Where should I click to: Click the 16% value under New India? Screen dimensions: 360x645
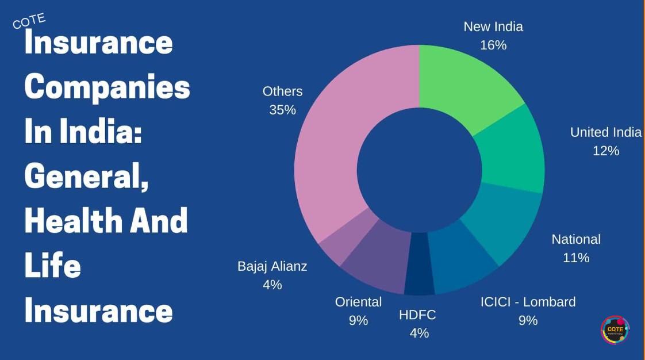pyautogui.click(x=493, y=45)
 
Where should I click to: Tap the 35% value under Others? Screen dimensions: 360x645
pyautogui.click(x=282, y=110)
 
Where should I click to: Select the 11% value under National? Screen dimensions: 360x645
pyautogui.click(x=576, y=258)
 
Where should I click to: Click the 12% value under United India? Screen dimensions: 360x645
pyautogui.click(x=606, y=151)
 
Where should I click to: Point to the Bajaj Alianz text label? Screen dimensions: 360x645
pyautogui.click(x=272, y=266)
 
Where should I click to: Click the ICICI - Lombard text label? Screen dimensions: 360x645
pyautogui.click(x=528, y=302)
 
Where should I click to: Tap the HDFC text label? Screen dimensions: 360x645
pyautogui.click(x=417, y=315)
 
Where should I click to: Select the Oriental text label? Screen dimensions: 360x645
pyautogui.click(x=358, y=302)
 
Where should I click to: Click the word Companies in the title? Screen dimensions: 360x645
pyautogui.click(x=107, y=87)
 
